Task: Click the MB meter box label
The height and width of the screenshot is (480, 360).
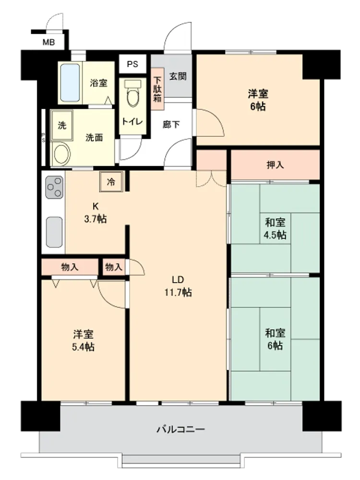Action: [48, 42]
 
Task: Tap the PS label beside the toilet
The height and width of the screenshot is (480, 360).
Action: [132, 64]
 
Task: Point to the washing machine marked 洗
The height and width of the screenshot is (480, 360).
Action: [62, 125]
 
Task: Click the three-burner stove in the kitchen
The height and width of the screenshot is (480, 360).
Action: [55, 187]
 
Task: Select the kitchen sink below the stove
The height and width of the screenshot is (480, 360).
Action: [55, 232]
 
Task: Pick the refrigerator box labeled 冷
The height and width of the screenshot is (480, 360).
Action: [111, 182]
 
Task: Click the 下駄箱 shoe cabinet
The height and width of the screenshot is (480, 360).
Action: [157, 89]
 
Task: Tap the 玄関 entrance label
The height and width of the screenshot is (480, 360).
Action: [178, 76]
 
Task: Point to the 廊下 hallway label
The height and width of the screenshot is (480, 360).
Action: [171, 125]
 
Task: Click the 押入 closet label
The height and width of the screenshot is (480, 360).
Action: [275, 165]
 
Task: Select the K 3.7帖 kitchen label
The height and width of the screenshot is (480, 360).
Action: [96, 213]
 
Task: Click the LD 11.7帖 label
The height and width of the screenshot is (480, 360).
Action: [178, 286]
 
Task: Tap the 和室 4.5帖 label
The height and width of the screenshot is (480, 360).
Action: [275, 228]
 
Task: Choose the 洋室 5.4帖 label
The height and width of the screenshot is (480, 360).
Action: [83, 340]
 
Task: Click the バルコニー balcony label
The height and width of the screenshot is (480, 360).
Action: [180, 429]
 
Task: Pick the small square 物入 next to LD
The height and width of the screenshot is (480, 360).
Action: [114, 267]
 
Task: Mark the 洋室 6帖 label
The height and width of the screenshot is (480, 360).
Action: [258, 100]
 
